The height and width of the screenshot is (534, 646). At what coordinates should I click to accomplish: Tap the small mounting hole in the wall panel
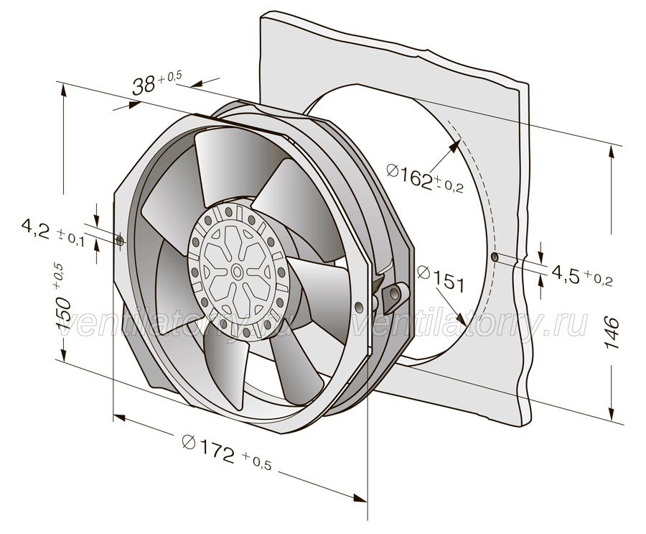(x=495, y=257)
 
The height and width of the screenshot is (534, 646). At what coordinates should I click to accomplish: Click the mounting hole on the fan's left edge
(x=120, y=241)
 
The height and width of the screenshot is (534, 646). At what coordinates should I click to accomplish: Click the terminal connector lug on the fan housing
(x=395, y=296)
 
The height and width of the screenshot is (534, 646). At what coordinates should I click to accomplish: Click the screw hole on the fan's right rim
(x=359, y=305)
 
